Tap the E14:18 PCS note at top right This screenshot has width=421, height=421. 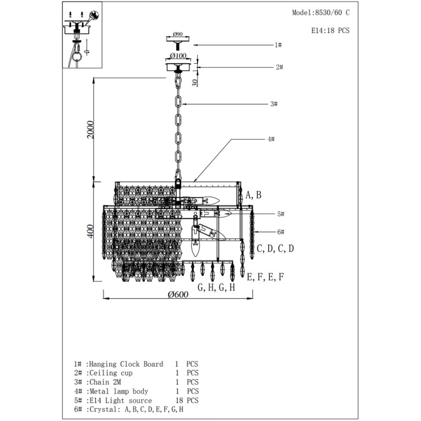click(330, 30)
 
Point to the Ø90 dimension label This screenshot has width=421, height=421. click(178, 34)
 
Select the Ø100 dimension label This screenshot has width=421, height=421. click(178, 56)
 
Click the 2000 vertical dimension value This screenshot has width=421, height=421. click(90, 130)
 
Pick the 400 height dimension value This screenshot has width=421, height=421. click(90, 231)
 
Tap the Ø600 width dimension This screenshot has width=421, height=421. click(178, 294)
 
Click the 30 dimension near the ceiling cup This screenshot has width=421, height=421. click(195, 83)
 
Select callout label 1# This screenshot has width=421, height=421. click(278, 45)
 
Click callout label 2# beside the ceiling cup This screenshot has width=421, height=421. click(279, 67)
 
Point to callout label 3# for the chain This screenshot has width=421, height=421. click(274, 104)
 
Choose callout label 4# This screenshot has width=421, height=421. click(271, 139)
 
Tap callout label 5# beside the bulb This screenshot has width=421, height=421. click(281, 214)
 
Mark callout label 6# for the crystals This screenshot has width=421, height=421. click(281, 232)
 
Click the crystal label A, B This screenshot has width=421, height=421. click(254, 195)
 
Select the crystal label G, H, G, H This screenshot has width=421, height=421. click(216, 288)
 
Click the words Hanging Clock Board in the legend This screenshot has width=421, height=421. click(126, 364)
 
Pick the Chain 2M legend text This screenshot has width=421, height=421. click(105, 382)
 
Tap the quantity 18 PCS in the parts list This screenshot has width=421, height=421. click(187, 400)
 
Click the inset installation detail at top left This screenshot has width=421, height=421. click(82, 35)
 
